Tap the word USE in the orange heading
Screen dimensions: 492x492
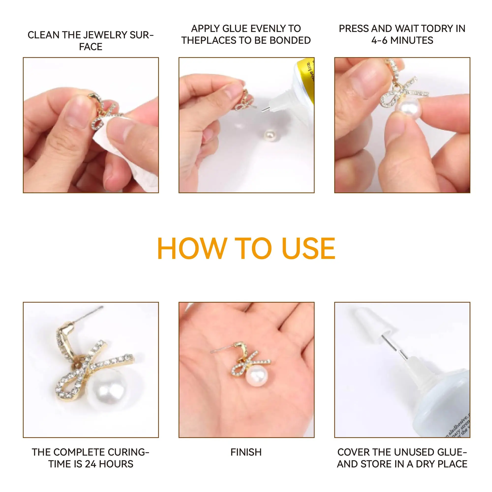[308, 249]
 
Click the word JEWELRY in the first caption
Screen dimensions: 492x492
[106, 35]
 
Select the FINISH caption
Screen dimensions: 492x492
[246, 452]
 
